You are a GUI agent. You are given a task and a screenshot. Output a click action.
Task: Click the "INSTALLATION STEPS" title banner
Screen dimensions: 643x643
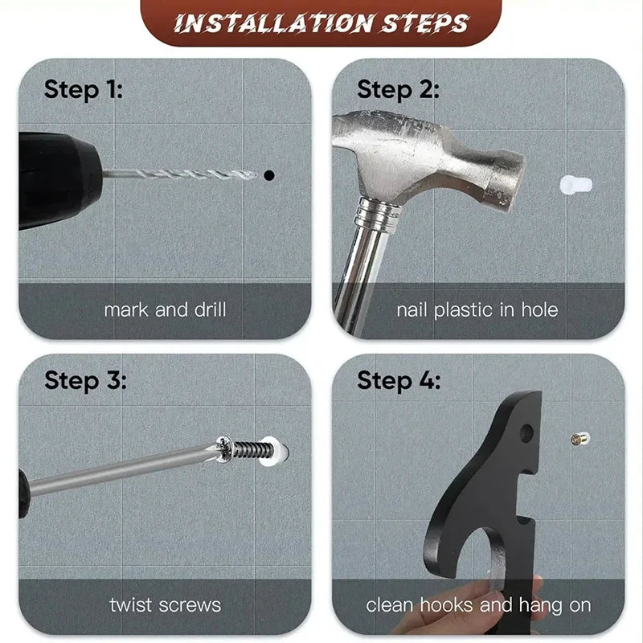click(321, 23)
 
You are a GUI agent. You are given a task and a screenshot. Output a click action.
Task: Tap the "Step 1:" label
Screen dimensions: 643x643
click(84, 89)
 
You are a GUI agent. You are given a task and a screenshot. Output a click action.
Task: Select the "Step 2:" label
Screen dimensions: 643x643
click(398, 89)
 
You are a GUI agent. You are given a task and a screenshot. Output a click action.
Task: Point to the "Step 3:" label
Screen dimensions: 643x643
click(85, 380)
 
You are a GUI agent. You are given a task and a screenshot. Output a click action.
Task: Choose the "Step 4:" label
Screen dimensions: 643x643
click(399, 380)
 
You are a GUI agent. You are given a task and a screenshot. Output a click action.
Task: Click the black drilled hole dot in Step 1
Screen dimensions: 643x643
click(269, 175)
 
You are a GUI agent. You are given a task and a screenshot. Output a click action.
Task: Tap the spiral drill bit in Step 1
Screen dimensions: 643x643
click(180, 174)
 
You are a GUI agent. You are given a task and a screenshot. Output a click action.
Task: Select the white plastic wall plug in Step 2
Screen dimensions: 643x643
click(576, 185)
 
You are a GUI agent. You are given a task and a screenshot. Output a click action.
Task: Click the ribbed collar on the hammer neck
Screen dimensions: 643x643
click(377, 216)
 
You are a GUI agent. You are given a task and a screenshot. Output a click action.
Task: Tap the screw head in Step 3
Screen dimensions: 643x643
click(225, 449)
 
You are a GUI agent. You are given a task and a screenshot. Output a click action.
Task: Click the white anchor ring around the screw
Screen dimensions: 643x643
click(273, 452)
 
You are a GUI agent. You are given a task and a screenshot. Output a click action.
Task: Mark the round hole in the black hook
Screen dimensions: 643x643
click(526, 433)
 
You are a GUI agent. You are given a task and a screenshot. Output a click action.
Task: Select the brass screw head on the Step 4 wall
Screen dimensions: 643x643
click(580, 439)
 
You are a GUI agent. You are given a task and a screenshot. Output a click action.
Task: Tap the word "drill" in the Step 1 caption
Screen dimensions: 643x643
click(210, 309)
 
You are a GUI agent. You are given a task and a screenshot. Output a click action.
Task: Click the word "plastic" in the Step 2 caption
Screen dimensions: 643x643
click(467, 310)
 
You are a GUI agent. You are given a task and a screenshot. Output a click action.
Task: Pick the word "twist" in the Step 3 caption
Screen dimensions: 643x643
click(130, 605)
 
